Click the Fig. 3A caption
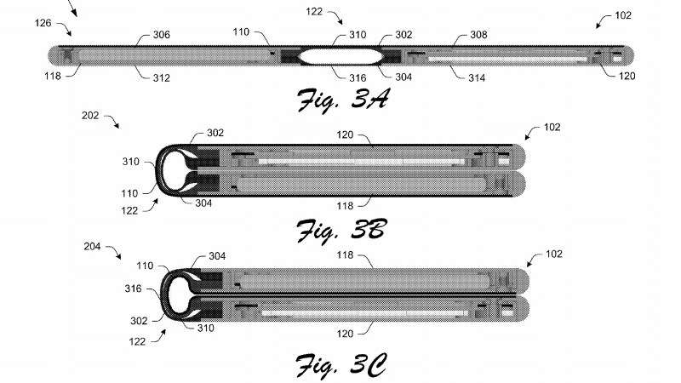[343, 100]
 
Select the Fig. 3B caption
[342, 230]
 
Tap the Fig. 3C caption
[341, 366]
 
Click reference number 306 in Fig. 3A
[161, 35]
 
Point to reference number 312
[161, 78]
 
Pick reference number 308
[478, 35]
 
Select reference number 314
[477, 78]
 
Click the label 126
[43, 23]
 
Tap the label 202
[90, 116]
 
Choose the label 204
[92, 247]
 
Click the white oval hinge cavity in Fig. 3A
[340, 56]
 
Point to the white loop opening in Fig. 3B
[174, 170]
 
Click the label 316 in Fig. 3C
[133, 289]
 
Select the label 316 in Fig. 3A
[358, 78]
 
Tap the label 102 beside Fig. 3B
[552, 127]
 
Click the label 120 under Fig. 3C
[345, 334]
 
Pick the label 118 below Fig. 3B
[345, 206]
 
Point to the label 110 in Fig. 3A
[241, 32]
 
